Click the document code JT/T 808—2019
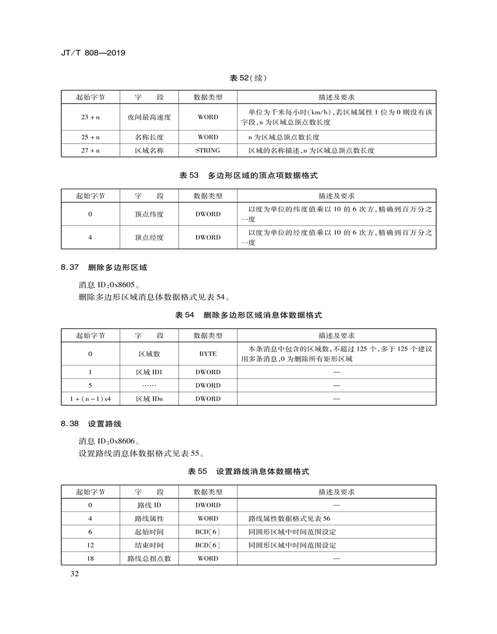[93, 53]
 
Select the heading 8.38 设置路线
[91, 424]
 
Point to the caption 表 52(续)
[248, 78]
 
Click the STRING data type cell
[208, 151]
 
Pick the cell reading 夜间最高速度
[149, 117]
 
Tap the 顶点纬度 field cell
[149, 215]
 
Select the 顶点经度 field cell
[149, 238]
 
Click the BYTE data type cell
[208, 354]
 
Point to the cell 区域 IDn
[149, 399]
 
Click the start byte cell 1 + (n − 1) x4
[90, 399]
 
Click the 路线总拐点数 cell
[149, 558]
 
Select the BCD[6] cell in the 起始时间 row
[208, 532]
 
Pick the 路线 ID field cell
[149, 505]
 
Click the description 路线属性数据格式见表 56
[289, 519]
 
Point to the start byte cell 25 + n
[90, 137]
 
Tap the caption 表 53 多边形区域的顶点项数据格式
[248, 175]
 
